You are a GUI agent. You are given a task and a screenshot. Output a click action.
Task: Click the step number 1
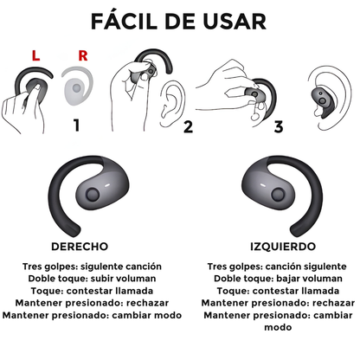coord(76,125)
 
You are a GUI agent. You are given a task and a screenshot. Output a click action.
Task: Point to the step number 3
coord(279,127)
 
